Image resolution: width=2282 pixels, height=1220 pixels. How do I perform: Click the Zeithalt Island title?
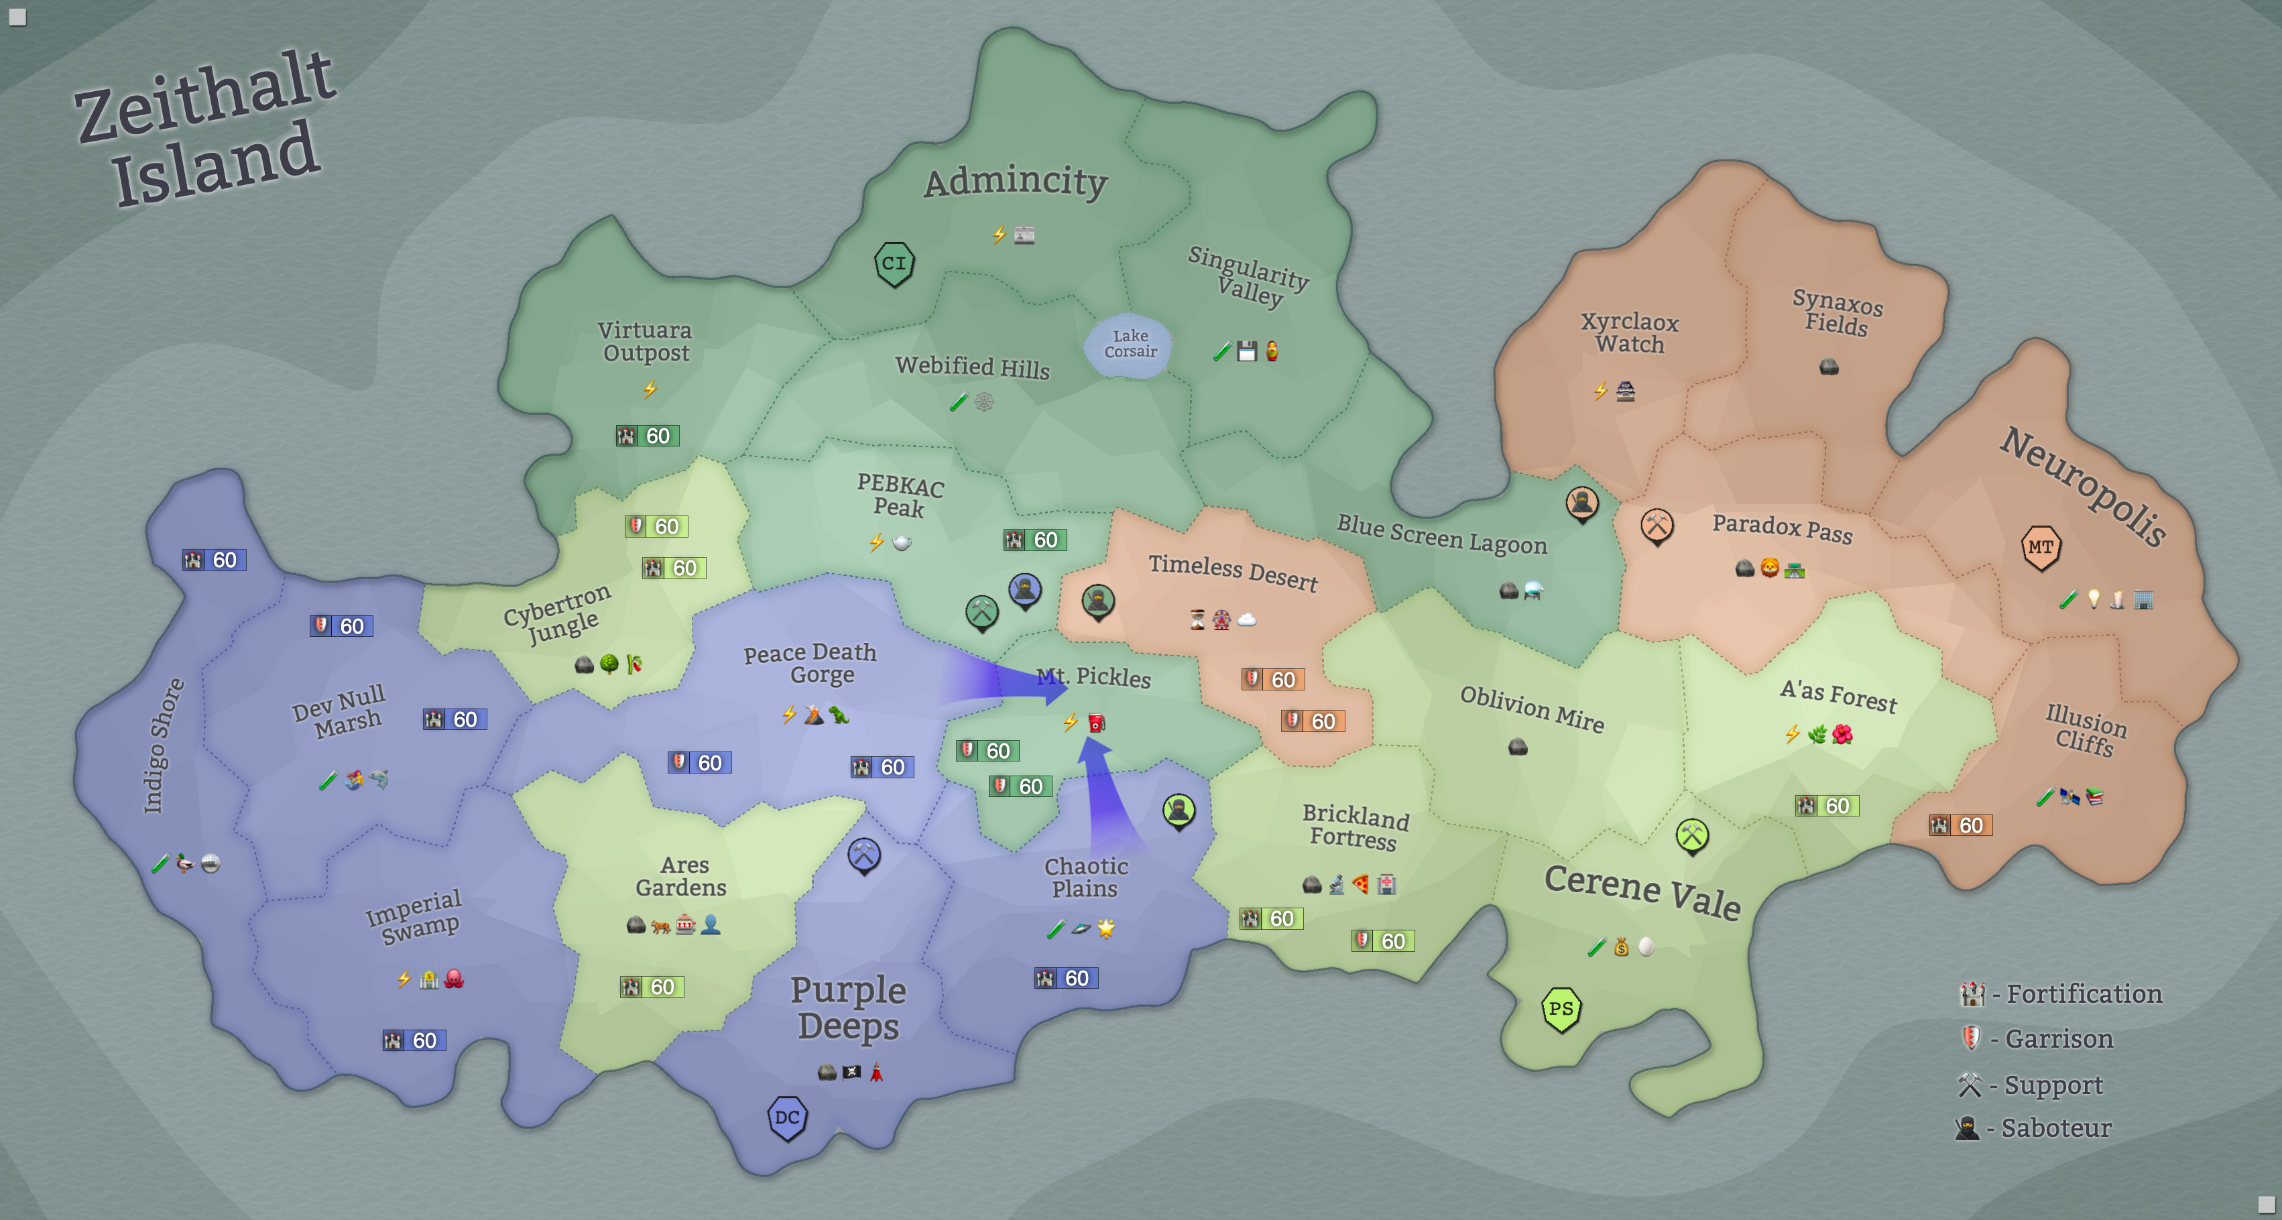pyautogui.click(x=206, y=129)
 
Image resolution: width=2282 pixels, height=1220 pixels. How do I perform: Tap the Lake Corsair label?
pyautogui.click(x=1130, y=344)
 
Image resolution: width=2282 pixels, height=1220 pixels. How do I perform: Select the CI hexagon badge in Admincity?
pyautogui.click(x=894, y=264)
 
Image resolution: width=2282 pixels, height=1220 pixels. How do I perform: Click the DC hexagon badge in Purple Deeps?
pyautogui.click(x=786, y=1117)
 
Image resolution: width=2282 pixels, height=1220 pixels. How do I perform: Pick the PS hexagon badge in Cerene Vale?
pyautogui.click(x=1561, y=1009)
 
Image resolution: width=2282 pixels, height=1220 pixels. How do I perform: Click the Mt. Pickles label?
pyautogui.click(x=1094, y=677)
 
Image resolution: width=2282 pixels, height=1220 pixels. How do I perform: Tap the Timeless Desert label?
pyautogui.click(x=1233, y=572)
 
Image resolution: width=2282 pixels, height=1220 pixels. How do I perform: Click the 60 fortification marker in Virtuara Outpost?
pyautogui.click(x=648, y=436)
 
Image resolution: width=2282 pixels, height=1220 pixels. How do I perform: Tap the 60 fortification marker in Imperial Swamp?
pyautogui.click(x=414, y=1040)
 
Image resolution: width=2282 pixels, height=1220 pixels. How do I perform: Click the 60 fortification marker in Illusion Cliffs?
pyautogui.click(x=1960, y=825)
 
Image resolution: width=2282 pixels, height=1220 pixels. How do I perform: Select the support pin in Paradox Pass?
pyautogui.click(x=1657, y=526)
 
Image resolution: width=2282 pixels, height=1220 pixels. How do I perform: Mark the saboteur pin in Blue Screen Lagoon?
pyautogui.click(x=1582, y=503)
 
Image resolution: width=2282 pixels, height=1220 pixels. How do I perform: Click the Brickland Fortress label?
pyautogui.click(x=1354, y=826)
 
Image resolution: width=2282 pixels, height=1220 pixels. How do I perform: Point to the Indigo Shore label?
pyautogui.click(x=164, y=745)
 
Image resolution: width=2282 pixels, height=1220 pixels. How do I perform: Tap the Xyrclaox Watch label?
pyautogui.click(x=1629, y=332)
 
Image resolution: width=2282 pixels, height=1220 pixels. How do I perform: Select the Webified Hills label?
pyautogui.click(x=972, y=367)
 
